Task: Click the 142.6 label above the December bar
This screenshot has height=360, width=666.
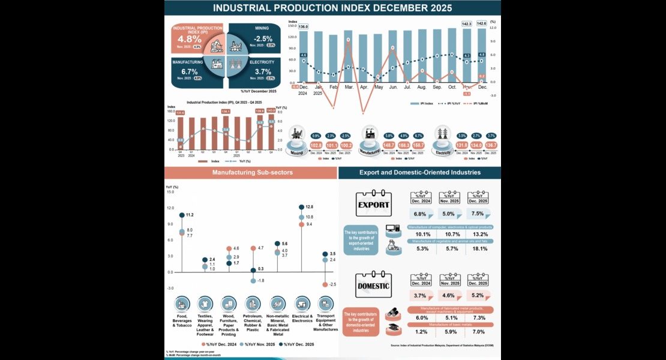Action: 481,23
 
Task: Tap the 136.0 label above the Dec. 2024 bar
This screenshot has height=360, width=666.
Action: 303,27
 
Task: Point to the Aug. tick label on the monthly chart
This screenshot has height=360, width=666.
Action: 422,88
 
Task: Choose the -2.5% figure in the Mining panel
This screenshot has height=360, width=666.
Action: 263,38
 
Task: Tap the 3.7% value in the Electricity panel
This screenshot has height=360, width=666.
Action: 263,71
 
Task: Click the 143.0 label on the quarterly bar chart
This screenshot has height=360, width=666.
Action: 271,110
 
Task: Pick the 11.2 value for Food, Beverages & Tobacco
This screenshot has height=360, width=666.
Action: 189,214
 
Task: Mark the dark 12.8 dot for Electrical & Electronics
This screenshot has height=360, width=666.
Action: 301,207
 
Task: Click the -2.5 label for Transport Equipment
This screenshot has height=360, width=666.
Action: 332,284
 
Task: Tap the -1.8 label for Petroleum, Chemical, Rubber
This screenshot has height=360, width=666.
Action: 260,280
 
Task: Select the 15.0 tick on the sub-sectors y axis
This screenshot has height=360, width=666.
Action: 170,192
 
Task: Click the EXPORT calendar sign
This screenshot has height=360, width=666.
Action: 373,205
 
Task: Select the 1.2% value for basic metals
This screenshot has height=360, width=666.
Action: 421,332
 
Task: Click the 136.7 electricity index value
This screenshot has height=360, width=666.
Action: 490,145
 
